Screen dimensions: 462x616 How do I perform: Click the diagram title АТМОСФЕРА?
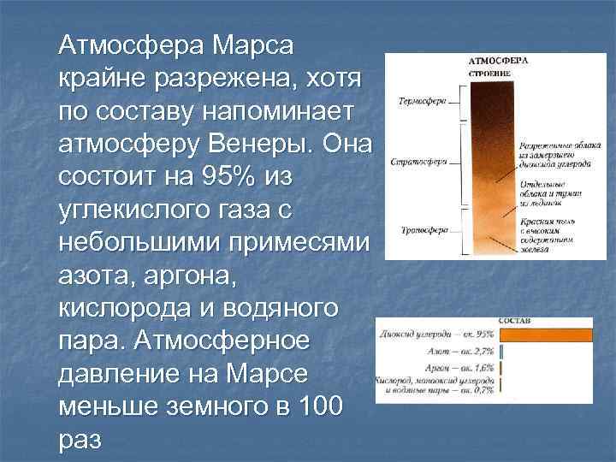click(499, 62)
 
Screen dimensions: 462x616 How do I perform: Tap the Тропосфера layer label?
click(423, 231)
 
